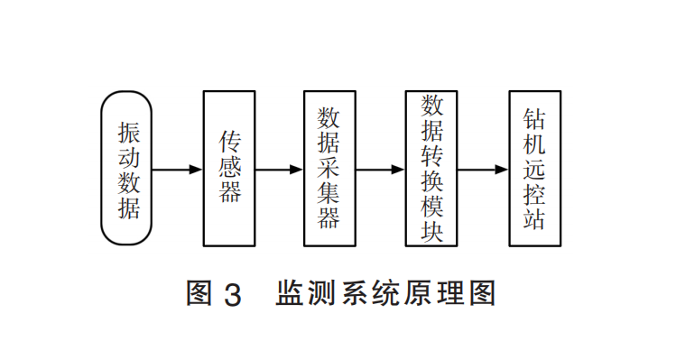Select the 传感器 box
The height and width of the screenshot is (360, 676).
pos(229,169)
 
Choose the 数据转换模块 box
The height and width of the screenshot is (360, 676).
pos(431,169)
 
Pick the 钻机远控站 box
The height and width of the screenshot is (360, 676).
pos(533,169)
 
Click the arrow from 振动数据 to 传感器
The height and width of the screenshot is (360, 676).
pos(179,169)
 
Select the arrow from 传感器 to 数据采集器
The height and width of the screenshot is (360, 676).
pos(279,169)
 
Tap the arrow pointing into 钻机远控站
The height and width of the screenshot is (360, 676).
pos(482,169)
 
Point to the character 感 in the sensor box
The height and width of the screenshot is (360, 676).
pos(230,168)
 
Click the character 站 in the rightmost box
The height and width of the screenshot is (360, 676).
pos(533,219)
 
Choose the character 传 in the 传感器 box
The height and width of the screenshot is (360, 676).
pos(230,142)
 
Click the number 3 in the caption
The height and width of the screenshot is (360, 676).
pos(231,294)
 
